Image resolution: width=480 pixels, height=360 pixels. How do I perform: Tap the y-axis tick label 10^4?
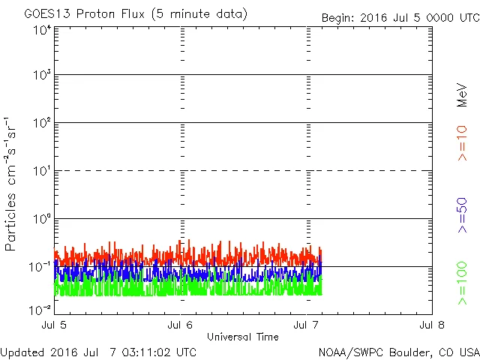tap(41, 30)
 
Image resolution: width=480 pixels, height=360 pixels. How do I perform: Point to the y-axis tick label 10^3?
tap(41, 76)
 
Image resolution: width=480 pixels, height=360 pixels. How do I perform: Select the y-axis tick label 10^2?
tap(41, 124)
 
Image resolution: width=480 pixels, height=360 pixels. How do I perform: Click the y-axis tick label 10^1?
tap(41, 172)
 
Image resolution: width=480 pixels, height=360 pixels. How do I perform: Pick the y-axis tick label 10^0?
tap(41, 220)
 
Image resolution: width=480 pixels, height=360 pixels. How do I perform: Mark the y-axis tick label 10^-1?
tap(40, 267)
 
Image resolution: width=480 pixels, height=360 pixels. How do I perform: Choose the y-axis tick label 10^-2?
tap(40, 309)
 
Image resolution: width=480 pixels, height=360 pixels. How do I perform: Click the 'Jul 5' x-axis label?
tap(55, 325)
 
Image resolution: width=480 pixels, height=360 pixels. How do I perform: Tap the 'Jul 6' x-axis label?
tap(181, 325)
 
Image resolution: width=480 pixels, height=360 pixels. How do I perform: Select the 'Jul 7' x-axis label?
tap(307, 325)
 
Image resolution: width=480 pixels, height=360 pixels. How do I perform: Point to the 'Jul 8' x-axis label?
tap(432, 325)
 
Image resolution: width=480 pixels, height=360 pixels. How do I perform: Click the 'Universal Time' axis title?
tap(242, 337)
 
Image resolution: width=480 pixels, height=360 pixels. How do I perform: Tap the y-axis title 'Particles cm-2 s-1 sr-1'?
tap(13, 183)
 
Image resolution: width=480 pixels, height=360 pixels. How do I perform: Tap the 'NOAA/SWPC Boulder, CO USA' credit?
tap(397, 351)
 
